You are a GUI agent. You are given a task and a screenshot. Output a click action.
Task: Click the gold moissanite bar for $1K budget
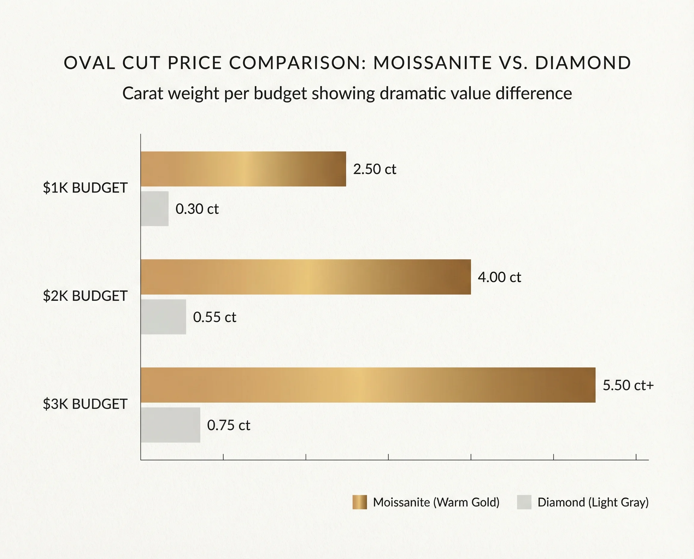click(x=243, y=169)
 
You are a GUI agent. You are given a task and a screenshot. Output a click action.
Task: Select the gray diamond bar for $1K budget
click(x=155, y=209)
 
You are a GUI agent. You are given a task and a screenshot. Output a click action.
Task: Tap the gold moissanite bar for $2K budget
click(x=306, y=277)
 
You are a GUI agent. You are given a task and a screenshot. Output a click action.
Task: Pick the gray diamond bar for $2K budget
click(x=163, y=317)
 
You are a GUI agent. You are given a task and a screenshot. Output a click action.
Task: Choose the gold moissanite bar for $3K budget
click(x=368, y=385)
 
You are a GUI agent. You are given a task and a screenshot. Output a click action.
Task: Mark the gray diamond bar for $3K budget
click(x=170, y=425)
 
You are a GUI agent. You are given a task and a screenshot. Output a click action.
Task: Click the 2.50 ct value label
click(x=374, y=169)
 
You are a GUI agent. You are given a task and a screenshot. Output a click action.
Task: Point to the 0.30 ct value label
click(x=197, y=209)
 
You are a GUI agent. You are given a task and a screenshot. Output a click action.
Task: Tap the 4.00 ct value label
click(x=499, y=277)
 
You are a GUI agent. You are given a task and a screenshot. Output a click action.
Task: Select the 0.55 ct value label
click(x=214, y=317)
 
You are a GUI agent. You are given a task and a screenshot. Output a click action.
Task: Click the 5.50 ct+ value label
click(x=628, y=385)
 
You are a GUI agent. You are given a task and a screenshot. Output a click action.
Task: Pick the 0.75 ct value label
click(x=229, y=425)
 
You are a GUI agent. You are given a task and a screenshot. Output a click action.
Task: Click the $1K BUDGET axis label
click(x=85, y=188)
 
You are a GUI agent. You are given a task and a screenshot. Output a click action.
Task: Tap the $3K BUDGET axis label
click(x=85, y=404)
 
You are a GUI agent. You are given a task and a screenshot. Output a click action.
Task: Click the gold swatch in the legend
click(x=359, y=502)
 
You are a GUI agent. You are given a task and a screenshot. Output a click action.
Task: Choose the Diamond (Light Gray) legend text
click(x=593, y=502)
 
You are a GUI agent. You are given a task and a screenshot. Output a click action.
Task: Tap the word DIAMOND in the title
click(x=583, y=63)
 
